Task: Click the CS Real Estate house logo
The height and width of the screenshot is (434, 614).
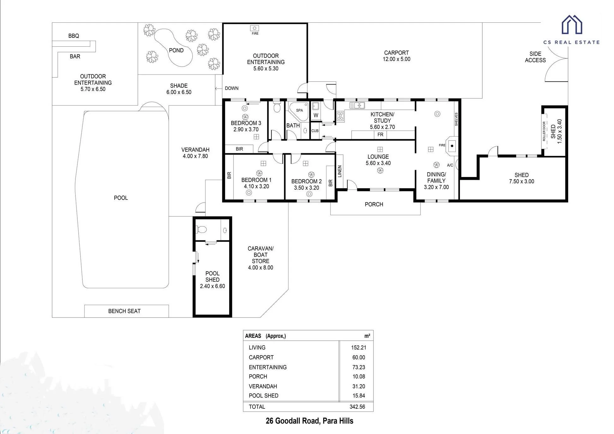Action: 572,25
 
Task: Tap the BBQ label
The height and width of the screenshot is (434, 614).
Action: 74,36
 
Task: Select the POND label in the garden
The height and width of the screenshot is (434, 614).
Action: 176,50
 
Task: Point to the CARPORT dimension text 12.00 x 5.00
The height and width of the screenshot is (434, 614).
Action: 396,59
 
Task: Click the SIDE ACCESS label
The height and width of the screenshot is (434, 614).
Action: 535,57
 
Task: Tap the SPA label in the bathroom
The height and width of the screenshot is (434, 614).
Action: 300,110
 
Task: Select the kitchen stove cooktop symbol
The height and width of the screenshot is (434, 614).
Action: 340,116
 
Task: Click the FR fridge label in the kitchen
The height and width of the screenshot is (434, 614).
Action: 380,135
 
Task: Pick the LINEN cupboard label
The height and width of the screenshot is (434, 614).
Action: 340,172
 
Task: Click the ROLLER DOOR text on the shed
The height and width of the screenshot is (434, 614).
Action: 544,132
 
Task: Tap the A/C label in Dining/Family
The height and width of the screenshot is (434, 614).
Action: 450,165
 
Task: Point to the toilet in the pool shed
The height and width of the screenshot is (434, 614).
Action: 201,229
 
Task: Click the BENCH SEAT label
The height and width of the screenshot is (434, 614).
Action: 124,311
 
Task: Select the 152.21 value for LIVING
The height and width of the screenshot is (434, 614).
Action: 359,348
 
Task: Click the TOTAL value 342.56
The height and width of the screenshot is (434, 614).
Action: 357,407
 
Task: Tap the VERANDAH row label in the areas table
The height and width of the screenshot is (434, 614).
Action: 263,386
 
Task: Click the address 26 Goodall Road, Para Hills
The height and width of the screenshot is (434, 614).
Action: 310,421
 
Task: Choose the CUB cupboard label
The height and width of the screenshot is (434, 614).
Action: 315,131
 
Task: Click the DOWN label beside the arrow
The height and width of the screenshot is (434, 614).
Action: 232,88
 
